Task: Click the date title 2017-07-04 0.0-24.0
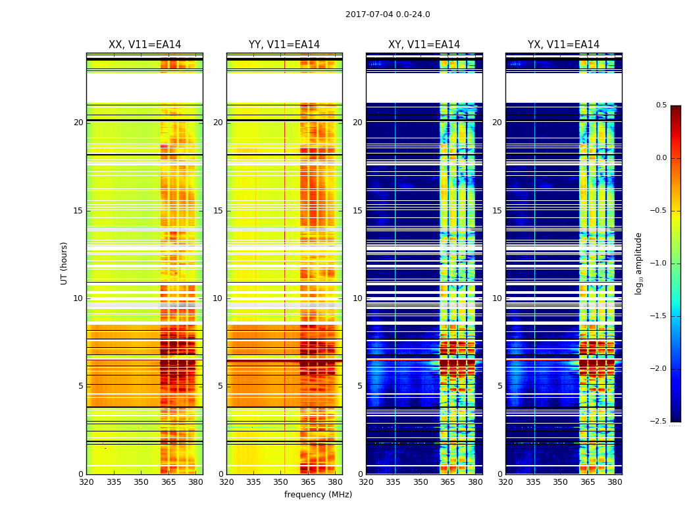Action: [x=388, y=14]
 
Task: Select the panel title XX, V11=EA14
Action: [x=145, y=45]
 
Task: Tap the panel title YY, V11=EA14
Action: [x=284, y=45]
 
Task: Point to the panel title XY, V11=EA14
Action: [x=424, y=45]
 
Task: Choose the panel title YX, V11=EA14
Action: [x=563, y=45]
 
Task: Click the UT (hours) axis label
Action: [x=64, y=263]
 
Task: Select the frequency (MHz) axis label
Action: [x=318, y=495]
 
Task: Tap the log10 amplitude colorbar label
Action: [x=638, y=263]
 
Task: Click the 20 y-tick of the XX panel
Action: [x=78, y=123]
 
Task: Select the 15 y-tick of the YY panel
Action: [x=218, y=211]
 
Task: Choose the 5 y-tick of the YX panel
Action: [x=499, y=386]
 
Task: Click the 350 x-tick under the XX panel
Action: [x=141, y=482]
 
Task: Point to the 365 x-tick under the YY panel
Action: [x=308, y=482]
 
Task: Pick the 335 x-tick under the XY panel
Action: [x=393, y=482]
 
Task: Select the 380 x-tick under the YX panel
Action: [x=615, y=482]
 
